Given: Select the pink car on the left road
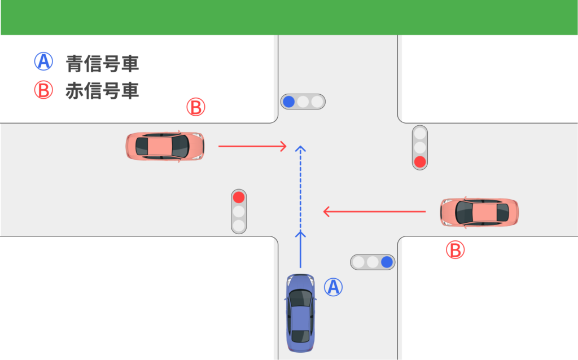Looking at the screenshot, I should pyautogui.click(x=164, y=147).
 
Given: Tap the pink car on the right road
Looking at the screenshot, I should pyautogui.click(x=479, y=212).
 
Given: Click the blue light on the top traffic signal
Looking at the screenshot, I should pyautogui.click(x=288, y=102).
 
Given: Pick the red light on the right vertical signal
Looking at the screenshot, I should pyautogui.click(x=419, y=162).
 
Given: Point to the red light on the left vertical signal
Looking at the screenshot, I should pyautogui.click(x=239, y=197).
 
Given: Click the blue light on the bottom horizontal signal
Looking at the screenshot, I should pyautogui.click(x=387, y=262).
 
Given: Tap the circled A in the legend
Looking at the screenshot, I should pyautogui.click(x=43, y=62).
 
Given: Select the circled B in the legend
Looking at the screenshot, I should pyautogui.click(x=43, y=90).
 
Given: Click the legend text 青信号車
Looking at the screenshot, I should pyautogui.click(x=102, y=63).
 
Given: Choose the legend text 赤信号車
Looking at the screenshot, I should pyautogui.click(x=102, y=90).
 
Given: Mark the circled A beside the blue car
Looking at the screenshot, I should pyautogui.click(x=333, y=287).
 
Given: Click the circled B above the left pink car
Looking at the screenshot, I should pyautogui.click(x=196, y=107).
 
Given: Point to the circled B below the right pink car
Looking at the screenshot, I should pyautogui.click(x=455, y=249).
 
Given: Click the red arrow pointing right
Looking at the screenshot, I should pyautogui.click(x=252, y=147).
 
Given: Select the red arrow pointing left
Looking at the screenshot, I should pyautogui.click(x=374, y=212).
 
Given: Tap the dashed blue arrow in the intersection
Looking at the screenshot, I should pyautogui.click(x=300, y=186).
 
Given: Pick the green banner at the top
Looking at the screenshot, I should pyautogui.click(x=289, y=17).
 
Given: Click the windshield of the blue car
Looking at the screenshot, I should pyautogui.click(x=300, y=297).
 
